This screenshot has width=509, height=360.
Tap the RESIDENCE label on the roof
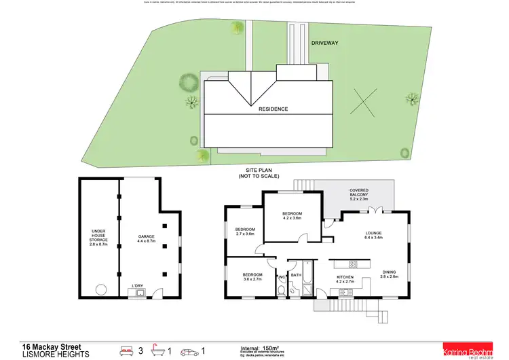coord(272,109)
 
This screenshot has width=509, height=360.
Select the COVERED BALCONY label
coord(359,194)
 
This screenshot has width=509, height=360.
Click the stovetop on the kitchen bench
coord(353,263)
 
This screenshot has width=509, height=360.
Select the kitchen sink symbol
coord(346,292)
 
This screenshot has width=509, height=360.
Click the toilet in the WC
coord(282,291)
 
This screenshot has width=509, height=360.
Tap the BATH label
coord(296,275)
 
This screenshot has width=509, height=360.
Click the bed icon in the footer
coord(127,351)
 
